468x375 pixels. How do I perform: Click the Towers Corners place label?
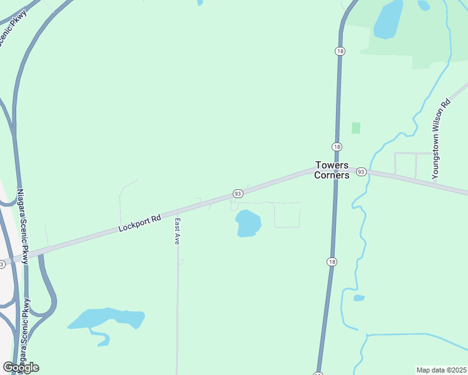coord(332,170)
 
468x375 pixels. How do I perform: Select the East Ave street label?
coord(178,231)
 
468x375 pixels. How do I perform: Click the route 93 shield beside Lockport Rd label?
coord(238,194)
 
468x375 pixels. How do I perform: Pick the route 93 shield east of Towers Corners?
coord(361,171)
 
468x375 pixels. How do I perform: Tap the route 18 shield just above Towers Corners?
coord(337,146)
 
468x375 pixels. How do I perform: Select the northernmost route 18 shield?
coord(340,51)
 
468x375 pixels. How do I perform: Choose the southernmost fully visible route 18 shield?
coord(331,261)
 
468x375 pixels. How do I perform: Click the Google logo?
coord(21,367)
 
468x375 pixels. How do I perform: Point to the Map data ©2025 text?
coord(441,370)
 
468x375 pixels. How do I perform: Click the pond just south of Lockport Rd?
coord(248,223)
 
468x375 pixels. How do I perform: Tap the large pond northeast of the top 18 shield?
coord(389,19)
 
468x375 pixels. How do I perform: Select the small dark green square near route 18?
coord(356,127)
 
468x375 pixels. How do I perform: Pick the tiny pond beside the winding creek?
coord(359,298)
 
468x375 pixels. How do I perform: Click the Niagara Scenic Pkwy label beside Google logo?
coord(25,331)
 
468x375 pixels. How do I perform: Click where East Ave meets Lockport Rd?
coord(177,212)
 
